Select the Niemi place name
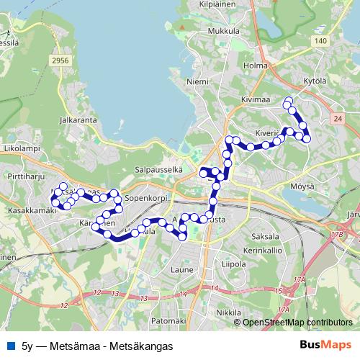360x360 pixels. [197, 82]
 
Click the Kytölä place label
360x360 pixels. [315, 79]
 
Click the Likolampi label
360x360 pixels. [21, 148]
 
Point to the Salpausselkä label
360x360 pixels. [157, 169]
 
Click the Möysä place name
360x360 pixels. [302, 186]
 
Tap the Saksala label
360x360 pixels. [266, 236]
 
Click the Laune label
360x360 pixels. [182, 270]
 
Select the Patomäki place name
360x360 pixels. [170, 320]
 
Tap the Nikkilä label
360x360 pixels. [228, 313]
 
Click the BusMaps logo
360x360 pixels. [325, 346]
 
